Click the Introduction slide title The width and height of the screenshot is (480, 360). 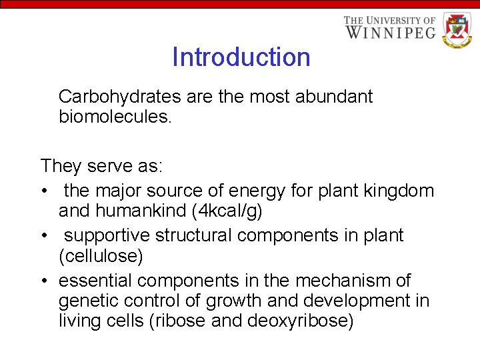241,57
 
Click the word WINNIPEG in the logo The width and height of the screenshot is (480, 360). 391,32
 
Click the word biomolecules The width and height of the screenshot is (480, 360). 115,118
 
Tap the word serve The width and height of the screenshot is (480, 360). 109,165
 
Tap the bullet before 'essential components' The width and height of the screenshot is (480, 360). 44,281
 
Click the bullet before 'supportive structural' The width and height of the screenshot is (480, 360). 44,236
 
